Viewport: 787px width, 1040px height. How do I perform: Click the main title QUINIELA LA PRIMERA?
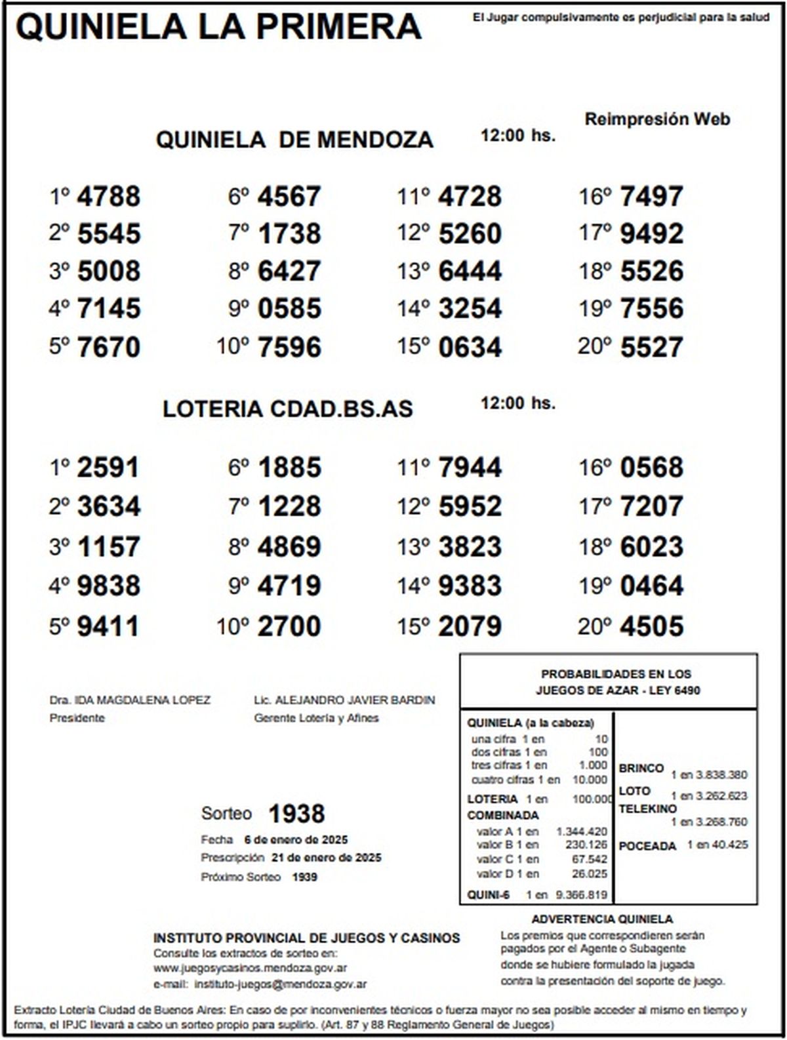pyautogui.click(x=218, y=28)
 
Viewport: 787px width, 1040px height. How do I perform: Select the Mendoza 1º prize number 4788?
pyautogui.click(x=108, y=196)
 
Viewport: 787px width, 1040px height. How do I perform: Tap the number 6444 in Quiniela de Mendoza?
pyautogui.click(x=470, y=271)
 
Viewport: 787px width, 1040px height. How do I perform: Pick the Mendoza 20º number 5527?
pyautogui.click(x=651, y=347)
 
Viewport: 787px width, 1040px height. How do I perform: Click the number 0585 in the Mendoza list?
pyautogui.click(x=289, y=309)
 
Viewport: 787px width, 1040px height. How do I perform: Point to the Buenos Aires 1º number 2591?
pyautogui.click(x=108, y=468)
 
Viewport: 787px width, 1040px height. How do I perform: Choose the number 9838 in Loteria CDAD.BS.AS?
pyautogui.click(x=108, y=586)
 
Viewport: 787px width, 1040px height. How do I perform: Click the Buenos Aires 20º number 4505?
pyautogui.click(x=651, y=626)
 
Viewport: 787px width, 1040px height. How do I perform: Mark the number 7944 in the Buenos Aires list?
pyautogui.click(x=470, y=468)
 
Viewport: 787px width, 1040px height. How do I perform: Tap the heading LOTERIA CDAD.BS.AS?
pyautogui.click(x=288, y=409)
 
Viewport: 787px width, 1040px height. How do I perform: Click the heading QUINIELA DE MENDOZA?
pyautogui.click(x=294, y=140)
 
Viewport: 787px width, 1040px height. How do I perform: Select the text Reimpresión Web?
pyautogui.click(x=657, y=119)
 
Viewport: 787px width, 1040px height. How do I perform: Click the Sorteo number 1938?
pyautogui.click(x=296, y=814)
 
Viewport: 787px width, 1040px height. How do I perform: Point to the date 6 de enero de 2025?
pyautogui.click(x=296, y=840)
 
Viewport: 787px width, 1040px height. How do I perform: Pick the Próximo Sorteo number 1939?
pyautogui.click(x=304, y=877)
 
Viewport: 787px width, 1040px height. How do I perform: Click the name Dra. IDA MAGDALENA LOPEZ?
pyautogui.click(x=130, y=700)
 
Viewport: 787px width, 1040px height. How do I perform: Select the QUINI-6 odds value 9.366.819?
pyautogui.click(x=581, y=894)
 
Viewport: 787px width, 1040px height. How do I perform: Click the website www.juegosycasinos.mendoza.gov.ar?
pyautogui.click(x=250, y=968)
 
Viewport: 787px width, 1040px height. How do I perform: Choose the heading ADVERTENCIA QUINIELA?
pyautogui.click(x=602, y=919)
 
